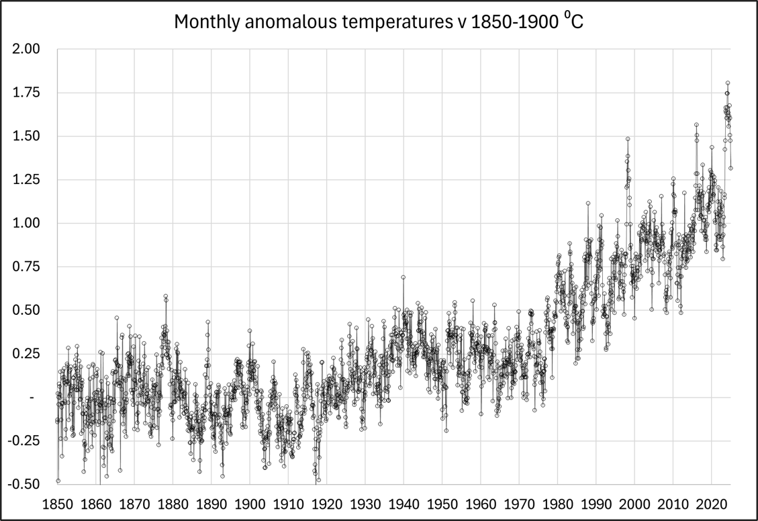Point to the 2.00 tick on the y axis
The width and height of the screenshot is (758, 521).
28,49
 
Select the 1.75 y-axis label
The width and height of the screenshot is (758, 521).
28,93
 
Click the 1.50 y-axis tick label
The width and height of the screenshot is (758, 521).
28,136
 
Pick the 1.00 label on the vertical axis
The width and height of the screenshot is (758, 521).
28,223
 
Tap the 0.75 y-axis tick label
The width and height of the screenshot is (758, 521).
28,267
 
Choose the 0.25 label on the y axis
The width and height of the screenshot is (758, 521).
28,354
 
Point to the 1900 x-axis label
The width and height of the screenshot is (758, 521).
250,503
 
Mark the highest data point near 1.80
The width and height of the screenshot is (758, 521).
727,83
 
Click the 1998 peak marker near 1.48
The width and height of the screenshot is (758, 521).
628,139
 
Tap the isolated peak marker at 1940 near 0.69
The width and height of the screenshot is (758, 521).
403,277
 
